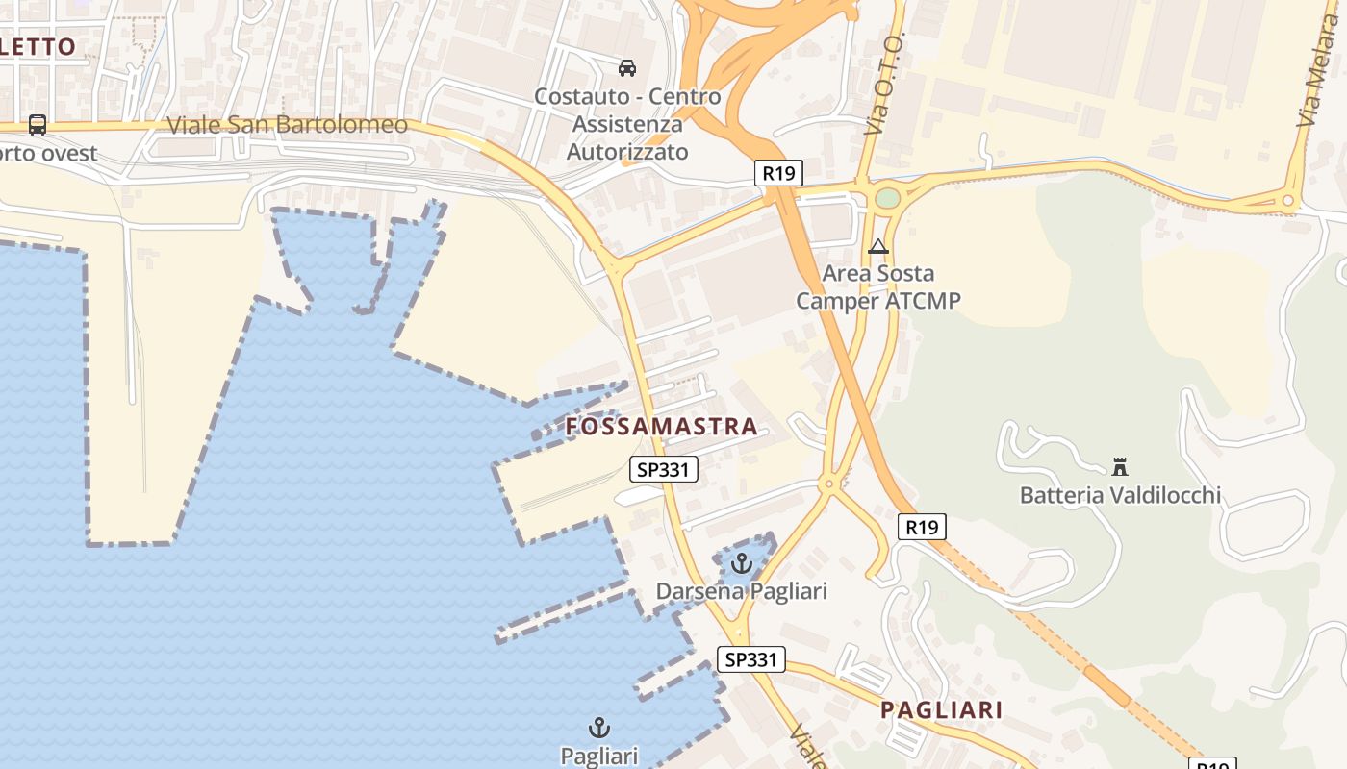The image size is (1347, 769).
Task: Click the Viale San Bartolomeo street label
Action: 287,125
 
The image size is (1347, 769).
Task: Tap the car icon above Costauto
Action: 627,67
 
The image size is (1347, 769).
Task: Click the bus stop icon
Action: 38,124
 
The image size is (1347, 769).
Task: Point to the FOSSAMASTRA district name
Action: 662,427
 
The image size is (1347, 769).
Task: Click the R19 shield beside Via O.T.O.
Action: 778,173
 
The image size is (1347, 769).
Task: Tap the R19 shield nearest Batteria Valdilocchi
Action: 922,527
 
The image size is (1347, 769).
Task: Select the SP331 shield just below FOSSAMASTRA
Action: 664,469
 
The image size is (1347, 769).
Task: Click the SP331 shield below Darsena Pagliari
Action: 751,659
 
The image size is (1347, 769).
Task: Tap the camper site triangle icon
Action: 877,247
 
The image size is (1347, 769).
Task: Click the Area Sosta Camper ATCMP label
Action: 877,287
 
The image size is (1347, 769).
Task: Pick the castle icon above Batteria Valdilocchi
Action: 1120,467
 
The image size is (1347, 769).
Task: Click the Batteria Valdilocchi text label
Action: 1120,495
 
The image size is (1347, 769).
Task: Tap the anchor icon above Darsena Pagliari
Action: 741,563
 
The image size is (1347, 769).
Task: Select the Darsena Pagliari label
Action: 741,590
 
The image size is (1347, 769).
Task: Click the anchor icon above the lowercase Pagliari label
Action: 599,728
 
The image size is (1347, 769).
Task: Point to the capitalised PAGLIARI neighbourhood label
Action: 942,710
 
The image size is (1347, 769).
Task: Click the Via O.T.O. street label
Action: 882,85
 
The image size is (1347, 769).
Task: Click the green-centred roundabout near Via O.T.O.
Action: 887,198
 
